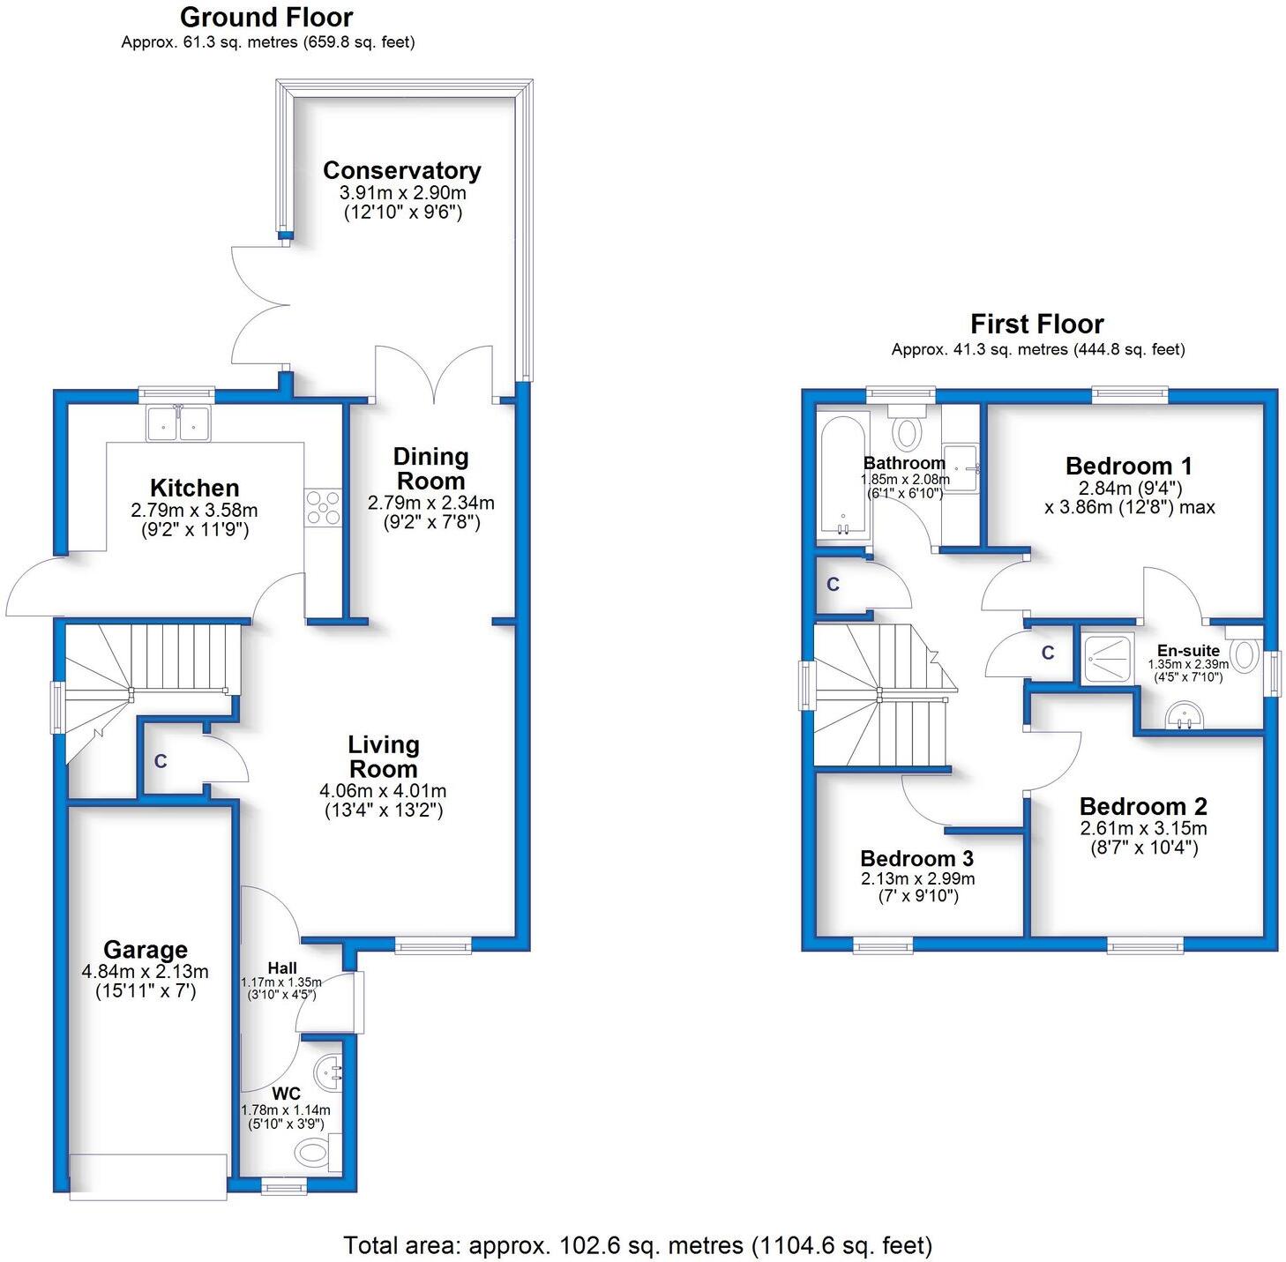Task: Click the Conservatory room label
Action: pos(401,170)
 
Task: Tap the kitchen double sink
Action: pos(179,422)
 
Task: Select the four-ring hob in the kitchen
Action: pos(323,508)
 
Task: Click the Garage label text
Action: pos(146,950)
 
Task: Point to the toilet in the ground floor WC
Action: pos(312,1151)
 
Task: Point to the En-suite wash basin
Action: pos(1185,716)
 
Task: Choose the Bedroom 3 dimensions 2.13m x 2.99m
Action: pos(917,879)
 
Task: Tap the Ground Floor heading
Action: pos(266,17)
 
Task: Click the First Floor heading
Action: pos(1036,324)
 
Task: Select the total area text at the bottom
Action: pos(637,1245)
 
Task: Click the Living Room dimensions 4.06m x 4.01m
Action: pos(383,791)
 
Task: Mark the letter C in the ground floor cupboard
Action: pos(161,761)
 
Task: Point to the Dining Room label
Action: pos(430,468)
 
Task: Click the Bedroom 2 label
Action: pos(1143,806)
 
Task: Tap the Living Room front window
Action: pos(432,947)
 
